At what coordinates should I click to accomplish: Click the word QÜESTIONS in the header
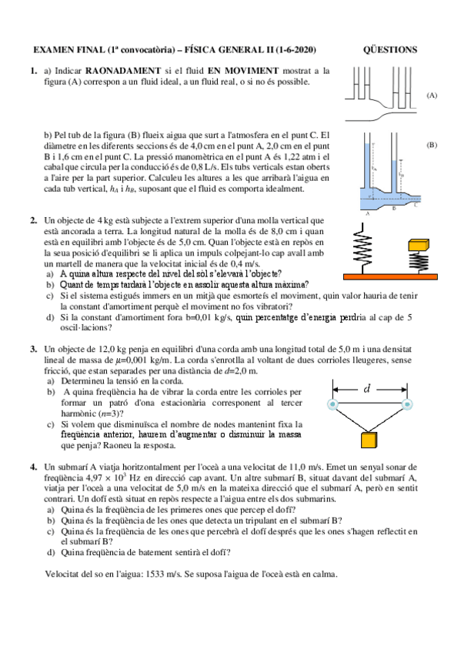tap(390, 50)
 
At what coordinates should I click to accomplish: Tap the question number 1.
tap(34, 71)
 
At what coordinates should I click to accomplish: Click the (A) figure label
tap(432, 95)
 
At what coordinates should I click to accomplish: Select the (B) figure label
tap(432, 145)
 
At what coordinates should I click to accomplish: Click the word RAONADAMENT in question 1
tap(122, 71)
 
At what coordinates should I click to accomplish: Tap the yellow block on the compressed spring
tap(419, 245)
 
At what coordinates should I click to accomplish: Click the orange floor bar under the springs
tap(390, 276)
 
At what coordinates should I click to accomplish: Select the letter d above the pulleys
tap(366, 389)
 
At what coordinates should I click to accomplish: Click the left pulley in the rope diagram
tap(332, 404)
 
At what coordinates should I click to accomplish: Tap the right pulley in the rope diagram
tap(407, 404)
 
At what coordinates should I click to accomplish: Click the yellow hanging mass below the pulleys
tap(369, 440)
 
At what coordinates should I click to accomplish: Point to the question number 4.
tap(34, 467)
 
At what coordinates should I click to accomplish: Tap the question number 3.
tap(34, 350)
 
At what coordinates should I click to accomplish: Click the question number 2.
tap(34, 221)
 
